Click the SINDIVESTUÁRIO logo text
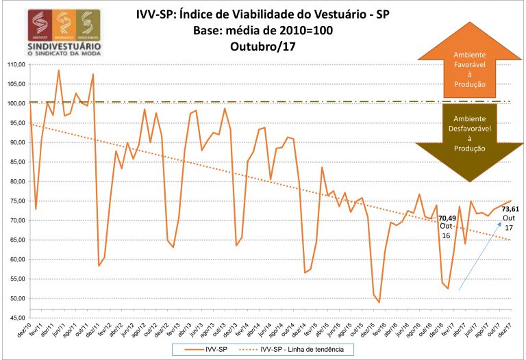pos(55,46)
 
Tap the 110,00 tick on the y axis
pos(14,64)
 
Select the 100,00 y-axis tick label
pos(14,103)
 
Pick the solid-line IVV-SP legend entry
pos(210,349)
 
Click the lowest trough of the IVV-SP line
pos(379,302)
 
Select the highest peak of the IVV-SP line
pos(59,70)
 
